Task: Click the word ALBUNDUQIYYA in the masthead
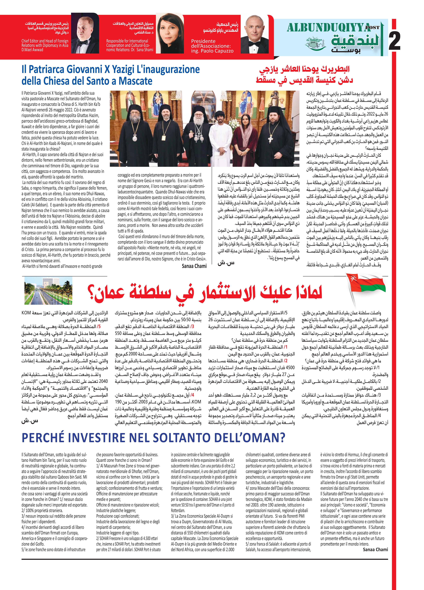tap(329, 28)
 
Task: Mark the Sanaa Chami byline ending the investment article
tap(375, 550)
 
